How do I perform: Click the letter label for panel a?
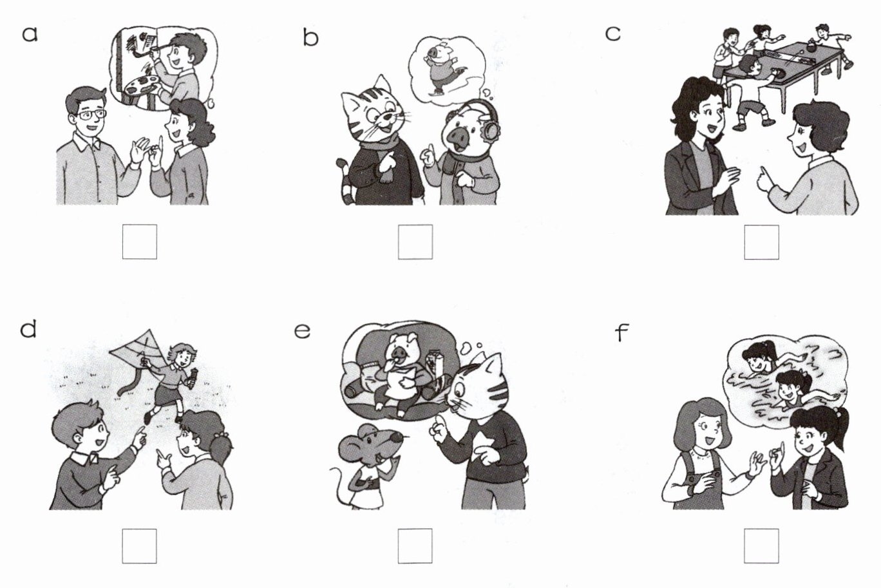(30, 34)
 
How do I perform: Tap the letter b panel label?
(310, 38)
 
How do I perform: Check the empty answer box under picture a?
(140, 242)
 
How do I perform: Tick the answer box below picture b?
(415, 242)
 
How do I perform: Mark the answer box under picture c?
(761, 242)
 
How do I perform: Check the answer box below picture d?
(139, 546)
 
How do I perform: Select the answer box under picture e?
(415, 546)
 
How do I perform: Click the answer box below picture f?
(761, 546)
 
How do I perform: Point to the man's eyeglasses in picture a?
(91, 115)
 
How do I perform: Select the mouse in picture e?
(366, 466)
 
